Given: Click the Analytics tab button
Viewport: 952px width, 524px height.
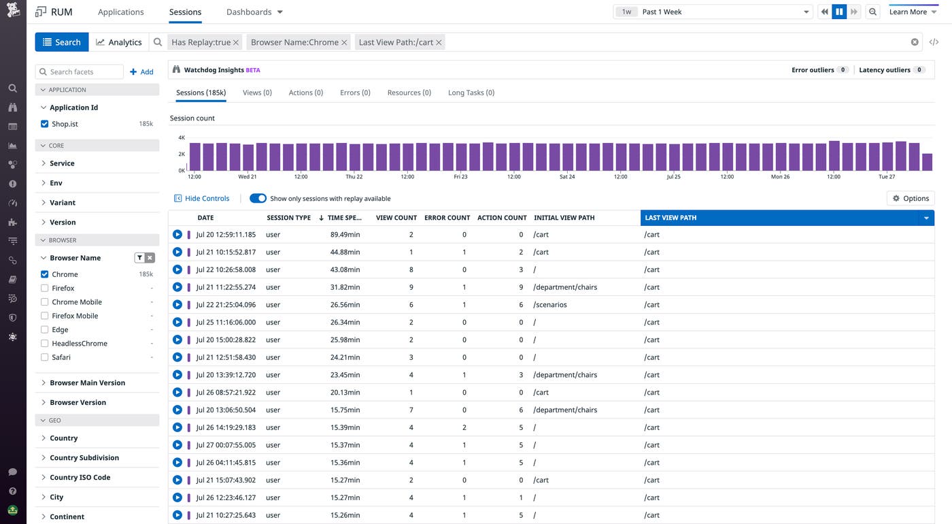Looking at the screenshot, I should point(119,42).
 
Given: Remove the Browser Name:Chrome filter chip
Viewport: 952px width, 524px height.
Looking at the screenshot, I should point(344,42).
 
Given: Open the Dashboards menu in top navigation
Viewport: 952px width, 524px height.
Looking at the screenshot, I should point(254,12).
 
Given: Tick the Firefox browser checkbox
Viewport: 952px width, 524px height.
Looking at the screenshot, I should point(45,289).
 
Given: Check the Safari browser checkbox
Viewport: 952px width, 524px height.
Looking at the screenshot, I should point(45,357).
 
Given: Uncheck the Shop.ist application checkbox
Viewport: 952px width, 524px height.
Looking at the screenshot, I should point(45,124).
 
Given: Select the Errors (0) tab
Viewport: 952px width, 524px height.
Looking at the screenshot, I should point(355,93).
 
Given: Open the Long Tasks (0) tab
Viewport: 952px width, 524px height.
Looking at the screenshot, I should point(471,93).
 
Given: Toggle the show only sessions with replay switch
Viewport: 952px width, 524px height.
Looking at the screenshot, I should point(258,199).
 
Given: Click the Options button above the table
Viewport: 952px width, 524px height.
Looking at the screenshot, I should point(911,199).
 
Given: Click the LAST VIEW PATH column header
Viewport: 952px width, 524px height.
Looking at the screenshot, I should point(775,218).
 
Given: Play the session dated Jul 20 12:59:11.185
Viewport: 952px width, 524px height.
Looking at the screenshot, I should point(177,235).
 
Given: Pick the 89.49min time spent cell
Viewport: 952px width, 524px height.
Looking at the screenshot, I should point(345,235).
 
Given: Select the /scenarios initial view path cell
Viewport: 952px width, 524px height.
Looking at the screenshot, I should point(550,305).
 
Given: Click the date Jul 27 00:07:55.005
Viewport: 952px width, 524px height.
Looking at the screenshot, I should point(226,445).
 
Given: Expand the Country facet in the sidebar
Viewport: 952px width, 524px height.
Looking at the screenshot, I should point(64,438).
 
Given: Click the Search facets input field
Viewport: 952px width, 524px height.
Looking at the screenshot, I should point(80,72).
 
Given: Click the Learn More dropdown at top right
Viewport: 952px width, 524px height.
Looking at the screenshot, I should point(913,12).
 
